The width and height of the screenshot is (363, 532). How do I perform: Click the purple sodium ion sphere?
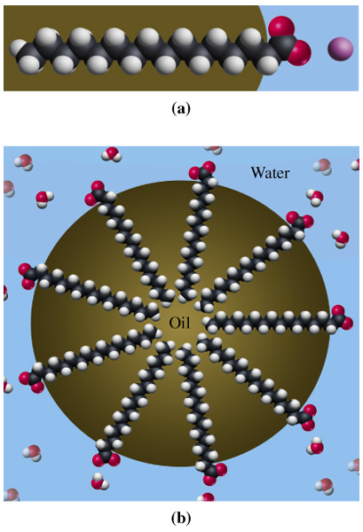(x=340, y=49)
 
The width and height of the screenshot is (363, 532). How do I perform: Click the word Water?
(x=270, y=173)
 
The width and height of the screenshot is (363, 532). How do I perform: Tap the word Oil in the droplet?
(x=179, y=324)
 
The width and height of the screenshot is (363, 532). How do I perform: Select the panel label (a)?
(x=181, y=108)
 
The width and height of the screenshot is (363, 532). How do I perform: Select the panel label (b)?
(x=181, y=518)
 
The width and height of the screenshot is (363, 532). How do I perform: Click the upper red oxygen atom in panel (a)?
(x=281, y=26)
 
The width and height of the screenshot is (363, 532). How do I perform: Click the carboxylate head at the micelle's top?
(x=202, y=170)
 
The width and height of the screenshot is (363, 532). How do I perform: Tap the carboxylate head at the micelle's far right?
(x=342, y=317)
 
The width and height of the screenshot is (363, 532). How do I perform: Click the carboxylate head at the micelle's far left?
(x=28, y=276)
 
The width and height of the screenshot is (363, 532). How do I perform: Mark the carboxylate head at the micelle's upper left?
(x=96, y=193)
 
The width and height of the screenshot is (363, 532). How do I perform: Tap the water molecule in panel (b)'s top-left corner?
(x=24, y=162)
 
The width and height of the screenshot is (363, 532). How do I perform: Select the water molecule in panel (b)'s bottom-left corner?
(x=12, y=495)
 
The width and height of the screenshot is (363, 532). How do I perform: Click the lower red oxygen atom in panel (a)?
(x=299, y=53)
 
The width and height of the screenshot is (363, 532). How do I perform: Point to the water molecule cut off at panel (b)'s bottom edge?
(x=206, y=497)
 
